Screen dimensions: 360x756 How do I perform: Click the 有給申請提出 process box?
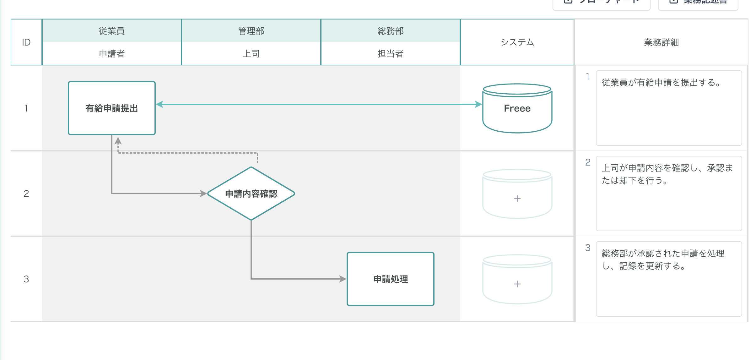[x=112, y=108]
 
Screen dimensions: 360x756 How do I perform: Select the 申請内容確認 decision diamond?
[x=251, y=194]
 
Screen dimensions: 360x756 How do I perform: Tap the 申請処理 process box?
[x=390, y=279]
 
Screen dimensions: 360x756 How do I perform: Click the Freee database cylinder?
[x=517, y=108]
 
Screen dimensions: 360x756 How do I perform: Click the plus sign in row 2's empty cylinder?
[x=517, y=199]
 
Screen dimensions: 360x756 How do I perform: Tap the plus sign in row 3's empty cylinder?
[x=517, y=284]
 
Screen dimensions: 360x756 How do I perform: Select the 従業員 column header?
[x=112, y=31]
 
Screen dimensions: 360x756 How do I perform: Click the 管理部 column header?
[x=251, y=31]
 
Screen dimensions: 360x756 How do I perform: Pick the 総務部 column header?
[x=390, y=31]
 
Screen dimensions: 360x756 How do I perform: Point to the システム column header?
[x=517, y=42]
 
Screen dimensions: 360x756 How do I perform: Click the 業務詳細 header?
[x=661, y=42]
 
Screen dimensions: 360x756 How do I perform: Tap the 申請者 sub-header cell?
[x=112, y=54]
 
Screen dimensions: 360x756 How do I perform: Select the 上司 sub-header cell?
[x=251, y=54]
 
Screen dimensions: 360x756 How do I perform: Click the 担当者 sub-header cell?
[x=390, y=54]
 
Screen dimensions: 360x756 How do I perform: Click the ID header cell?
[x=26, y=42]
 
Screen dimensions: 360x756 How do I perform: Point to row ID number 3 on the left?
[x=26, y=279]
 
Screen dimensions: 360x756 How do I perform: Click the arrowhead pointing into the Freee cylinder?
[x=478, y=104]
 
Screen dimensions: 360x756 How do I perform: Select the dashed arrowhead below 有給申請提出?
[x=118, y=141]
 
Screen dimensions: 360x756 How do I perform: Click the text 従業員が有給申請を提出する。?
[x=661, y=83]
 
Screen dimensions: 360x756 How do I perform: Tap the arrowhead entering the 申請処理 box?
[x=343, y=279]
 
